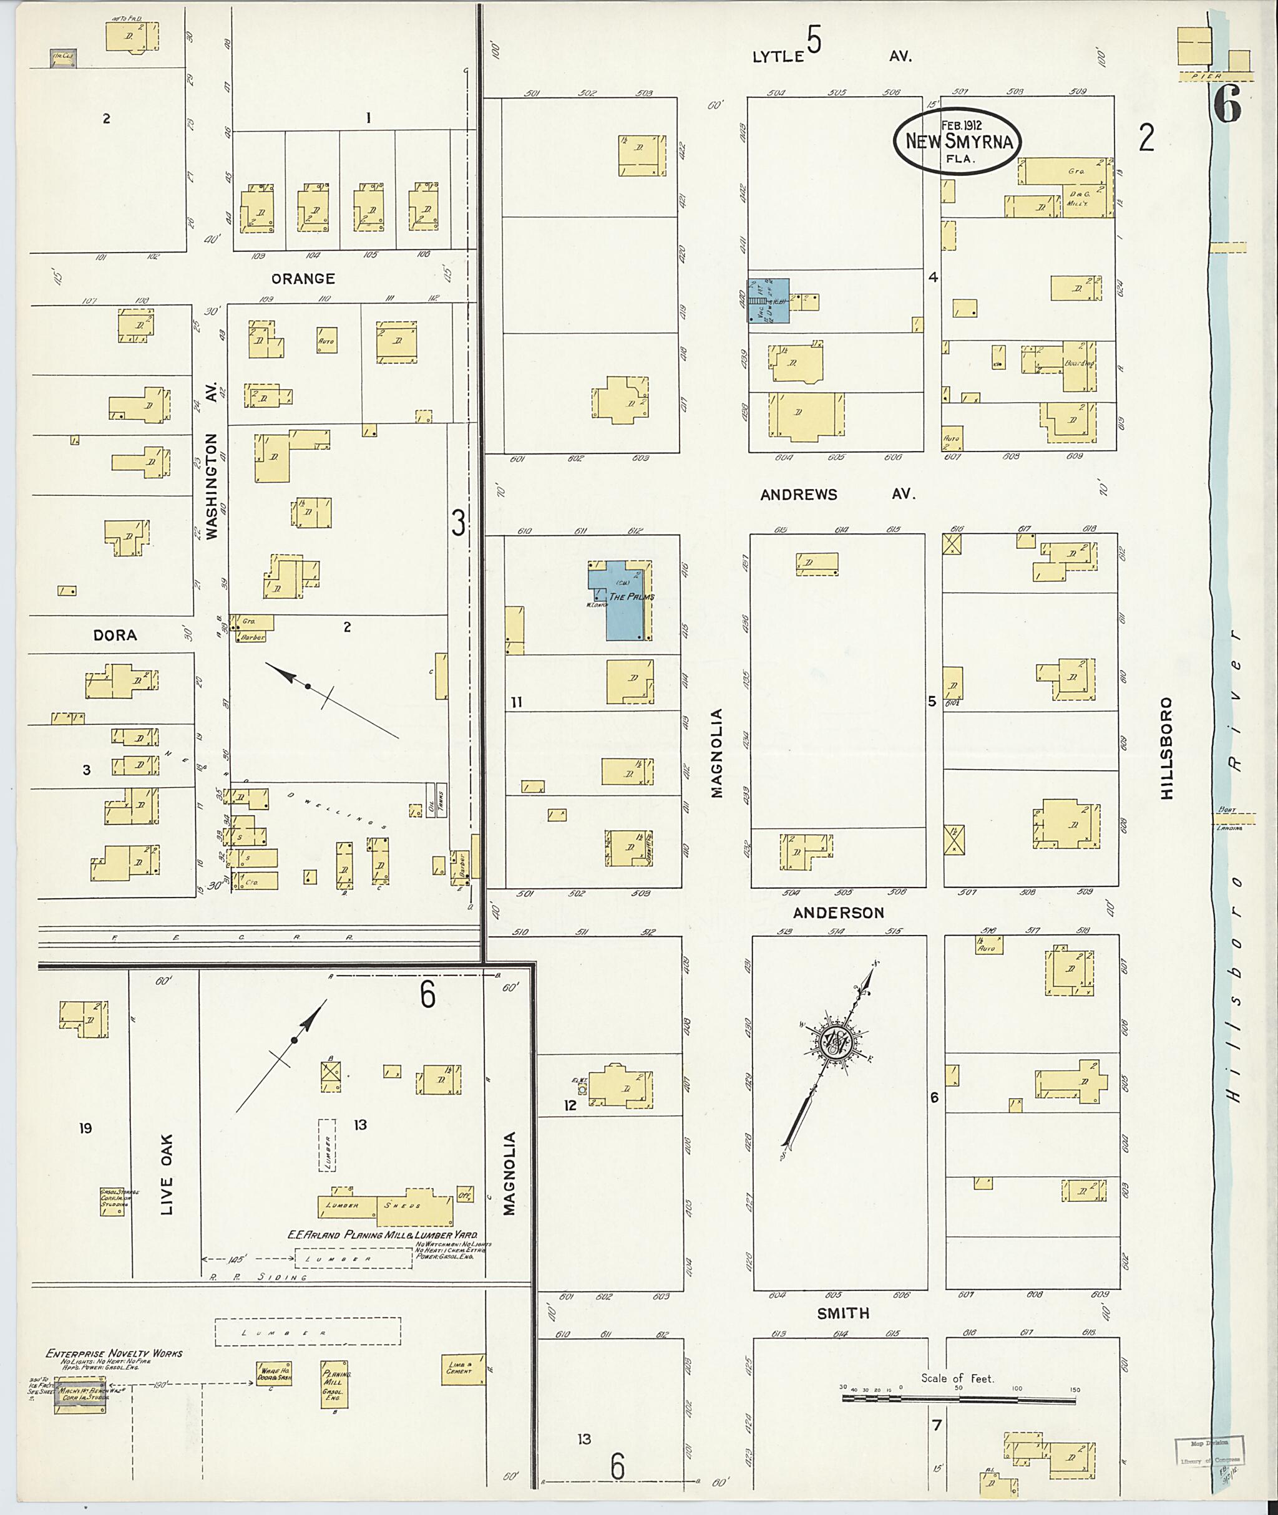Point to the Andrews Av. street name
837,495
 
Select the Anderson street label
838,913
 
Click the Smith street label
842,1313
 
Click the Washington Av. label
212,486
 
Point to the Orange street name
303,279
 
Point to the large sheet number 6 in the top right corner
1226,105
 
